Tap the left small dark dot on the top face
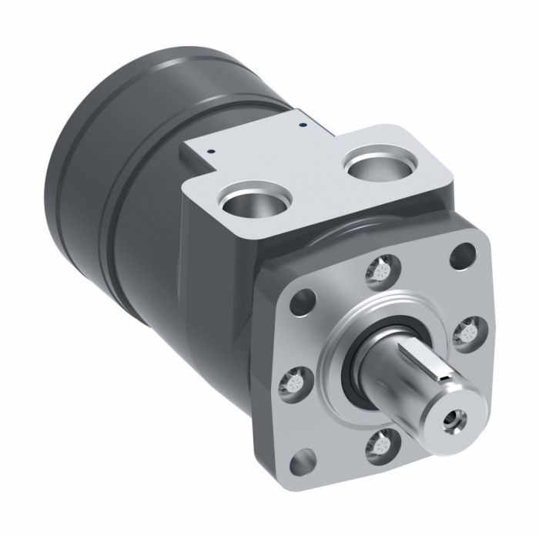pos(208,152)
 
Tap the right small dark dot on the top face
pos(303,122)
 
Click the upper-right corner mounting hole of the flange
pos(462,252)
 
